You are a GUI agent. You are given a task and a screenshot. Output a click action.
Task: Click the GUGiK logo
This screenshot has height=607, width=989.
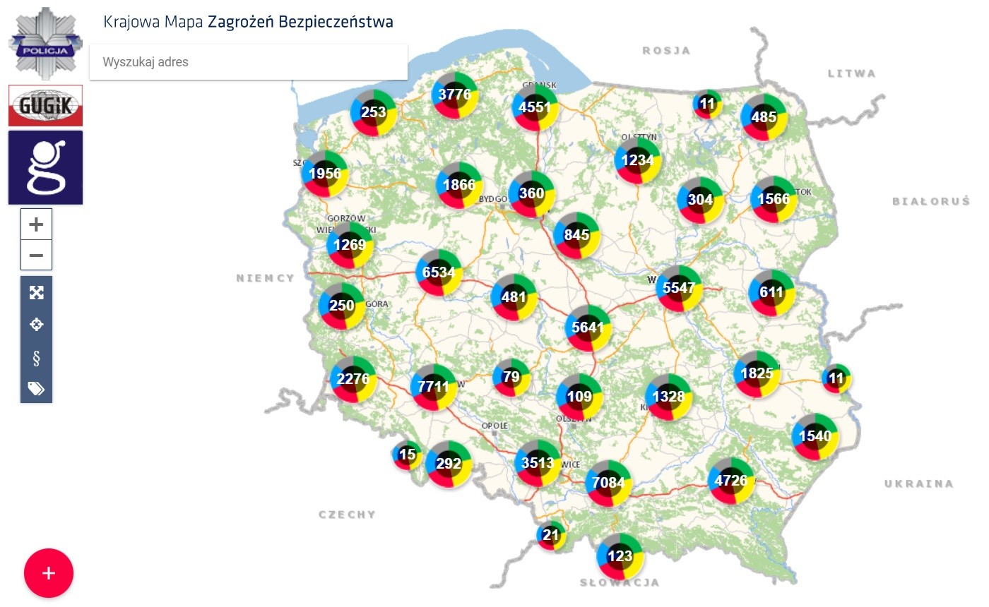[45, 106]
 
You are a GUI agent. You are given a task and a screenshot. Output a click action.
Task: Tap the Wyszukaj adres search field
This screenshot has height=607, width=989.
[249, 62]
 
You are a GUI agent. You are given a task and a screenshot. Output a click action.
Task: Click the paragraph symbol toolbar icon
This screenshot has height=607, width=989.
[36, 358]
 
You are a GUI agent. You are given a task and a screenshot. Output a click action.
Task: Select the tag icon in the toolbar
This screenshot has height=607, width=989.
[36, 388]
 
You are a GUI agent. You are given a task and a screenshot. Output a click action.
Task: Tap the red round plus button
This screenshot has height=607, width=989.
[49, 573]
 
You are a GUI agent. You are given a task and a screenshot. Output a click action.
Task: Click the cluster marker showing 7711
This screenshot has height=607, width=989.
[433, 387]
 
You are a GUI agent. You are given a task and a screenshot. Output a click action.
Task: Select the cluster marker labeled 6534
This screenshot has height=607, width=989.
[439, 272]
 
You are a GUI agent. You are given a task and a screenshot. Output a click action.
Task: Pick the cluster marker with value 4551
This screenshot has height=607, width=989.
[534, 107]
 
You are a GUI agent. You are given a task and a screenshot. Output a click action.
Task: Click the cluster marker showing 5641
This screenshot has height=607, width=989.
[588, 327]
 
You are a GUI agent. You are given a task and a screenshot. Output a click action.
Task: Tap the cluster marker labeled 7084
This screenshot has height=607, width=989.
[608, 483]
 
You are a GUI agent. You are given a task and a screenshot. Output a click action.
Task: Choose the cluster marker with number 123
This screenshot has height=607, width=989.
[620, 556]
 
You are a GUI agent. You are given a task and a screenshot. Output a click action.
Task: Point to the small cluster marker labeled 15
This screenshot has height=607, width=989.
[407, 455]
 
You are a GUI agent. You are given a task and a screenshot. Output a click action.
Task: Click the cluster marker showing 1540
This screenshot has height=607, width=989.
[815, 436]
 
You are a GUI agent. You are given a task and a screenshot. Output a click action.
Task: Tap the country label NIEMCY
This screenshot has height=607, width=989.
[265, 278]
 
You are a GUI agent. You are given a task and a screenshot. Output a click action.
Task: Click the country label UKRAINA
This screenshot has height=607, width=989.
[918, 483]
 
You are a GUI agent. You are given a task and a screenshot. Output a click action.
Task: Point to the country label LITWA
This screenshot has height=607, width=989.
[851, 73]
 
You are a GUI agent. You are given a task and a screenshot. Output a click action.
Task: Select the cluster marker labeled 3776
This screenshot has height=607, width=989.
[455, 94]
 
